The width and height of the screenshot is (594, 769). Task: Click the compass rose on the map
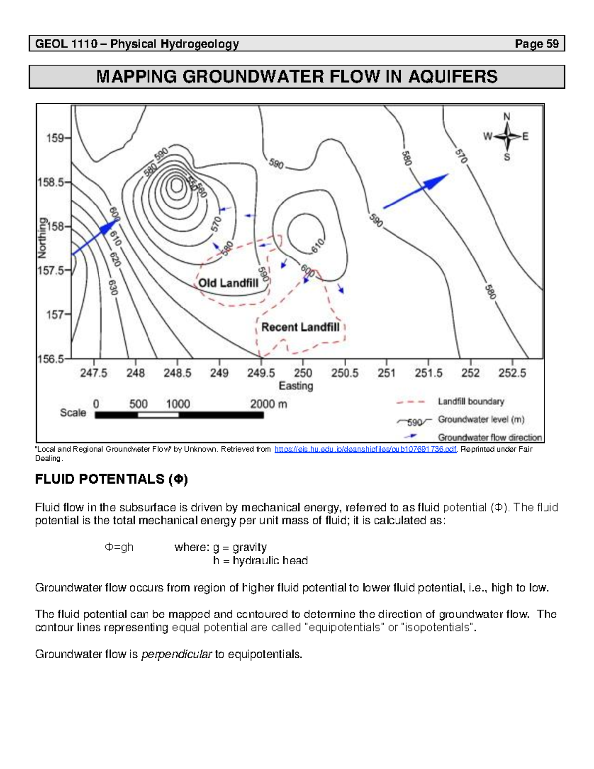coord(507,137)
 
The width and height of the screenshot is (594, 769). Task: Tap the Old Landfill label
coord(228,283)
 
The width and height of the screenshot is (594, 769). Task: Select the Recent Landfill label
coord(300,327)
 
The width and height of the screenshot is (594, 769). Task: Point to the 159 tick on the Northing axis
coord(55,138)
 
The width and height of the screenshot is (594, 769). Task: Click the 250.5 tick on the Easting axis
coord(345,373)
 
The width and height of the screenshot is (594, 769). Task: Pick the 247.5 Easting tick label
coord(94,373)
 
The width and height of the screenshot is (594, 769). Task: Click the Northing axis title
coord(43,238)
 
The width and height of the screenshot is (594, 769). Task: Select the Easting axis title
coord(296,386)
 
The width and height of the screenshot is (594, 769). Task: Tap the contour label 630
coord(113,287)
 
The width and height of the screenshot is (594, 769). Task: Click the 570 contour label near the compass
coord(461,156)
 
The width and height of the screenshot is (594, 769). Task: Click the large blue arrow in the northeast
coord(416,191)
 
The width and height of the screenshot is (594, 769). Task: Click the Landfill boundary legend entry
coord(470,402)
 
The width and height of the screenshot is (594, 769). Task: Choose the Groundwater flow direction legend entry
coord(489,437)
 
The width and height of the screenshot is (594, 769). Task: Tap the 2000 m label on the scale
coord(268,404)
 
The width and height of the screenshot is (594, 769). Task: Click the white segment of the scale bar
coord(158,415)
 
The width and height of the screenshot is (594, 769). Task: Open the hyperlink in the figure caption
coord(365,449)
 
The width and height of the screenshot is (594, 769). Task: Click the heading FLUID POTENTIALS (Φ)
coord(111,479)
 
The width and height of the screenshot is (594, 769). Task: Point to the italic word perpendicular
coord(176,654)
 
